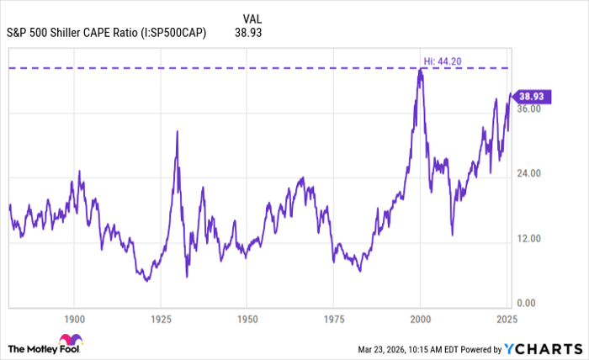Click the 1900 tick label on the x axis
(74, 320)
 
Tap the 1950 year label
(247, 320)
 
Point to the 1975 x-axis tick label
(333, 320)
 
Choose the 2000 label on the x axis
(420, 320)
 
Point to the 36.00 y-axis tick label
(530, 109)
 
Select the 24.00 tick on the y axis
(530, 173)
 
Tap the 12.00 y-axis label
(530, 239)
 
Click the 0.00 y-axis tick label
(528, 304)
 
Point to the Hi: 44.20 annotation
(438, 60)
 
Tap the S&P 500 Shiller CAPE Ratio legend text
(106, 34)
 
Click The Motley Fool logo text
(44, 348)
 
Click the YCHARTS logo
(544, 348)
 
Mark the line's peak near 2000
(420, 68)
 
